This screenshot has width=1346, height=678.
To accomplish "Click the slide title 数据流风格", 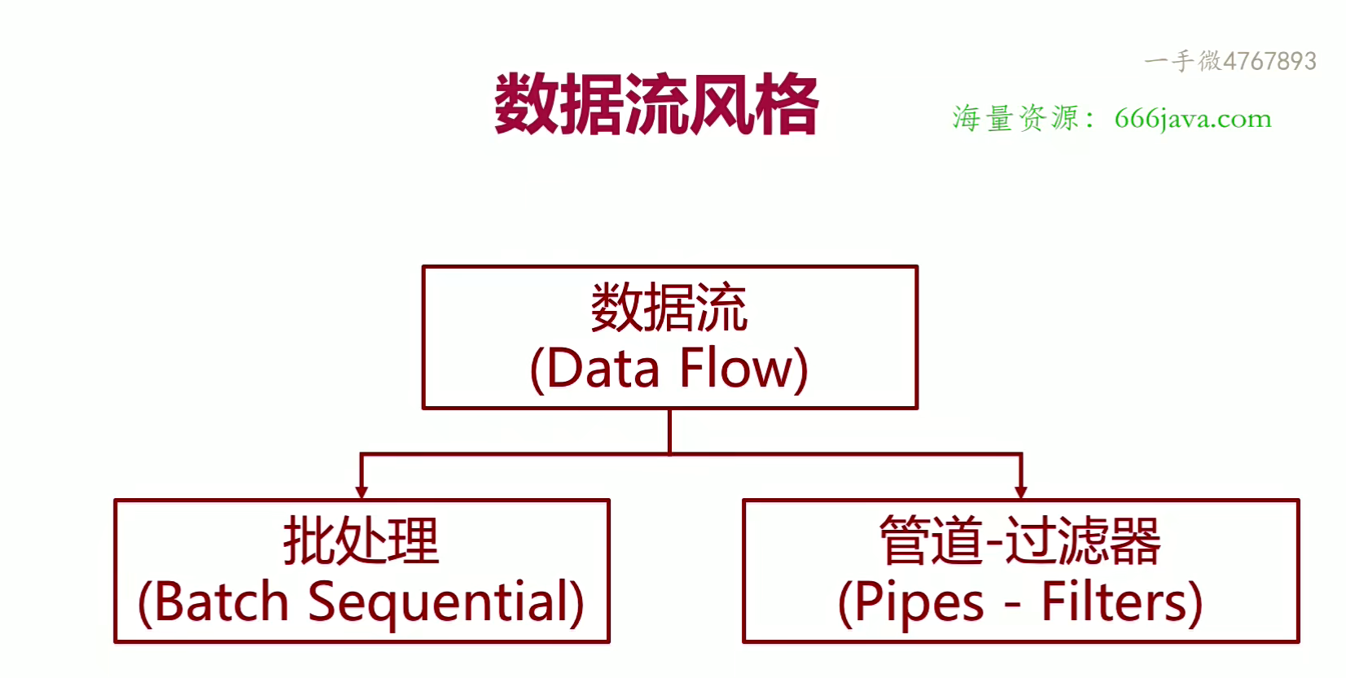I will (x=656, y=104).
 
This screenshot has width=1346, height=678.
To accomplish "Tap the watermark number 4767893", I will (x=1269, y=61).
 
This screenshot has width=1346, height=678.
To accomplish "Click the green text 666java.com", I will (x=1193, y=119).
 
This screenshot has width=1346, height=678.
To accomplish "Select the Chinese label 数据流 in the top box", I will (x=669, y=308).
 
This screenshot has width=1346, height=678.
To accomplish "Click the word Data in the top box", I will (x=603, y=369).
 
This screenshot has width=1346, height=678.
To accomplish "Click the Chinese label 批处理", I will (x=362, y=541).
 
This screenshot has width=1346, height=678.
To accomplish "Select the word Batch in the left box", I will (x=221, y=603).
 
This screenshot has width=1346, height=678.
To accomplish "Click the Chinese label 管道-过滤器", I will (x=1020, y=541).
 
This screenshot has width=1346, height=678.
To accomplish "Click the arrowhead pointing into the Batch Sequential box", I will (x=362, y=492).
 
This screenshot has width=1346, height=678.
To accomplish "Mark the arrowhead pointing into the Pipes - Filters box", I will (x=1020, y=492).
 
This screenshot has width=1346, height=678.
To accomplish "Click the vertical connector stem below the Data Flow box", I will (x=669, y=431).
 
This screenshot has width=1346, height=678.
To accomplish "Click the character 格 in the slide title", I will (x=786, y=104).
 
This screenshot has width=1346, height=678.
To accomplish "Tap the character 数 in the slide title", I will (x=527, y=104).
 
